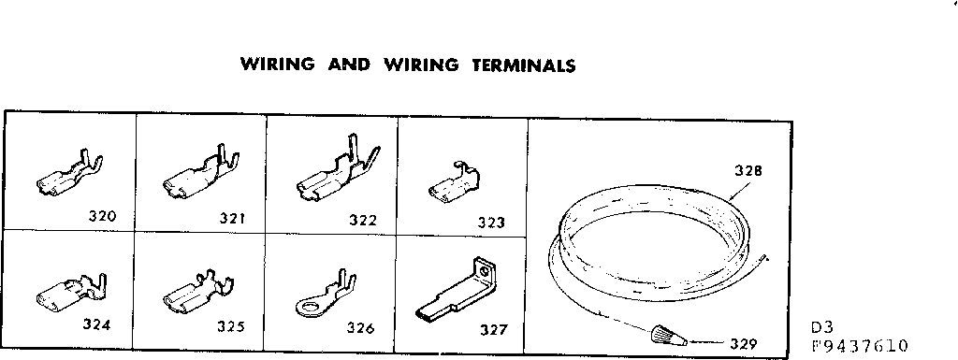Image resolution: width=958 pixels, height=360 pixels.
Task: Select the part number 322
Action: (x=362, y=221)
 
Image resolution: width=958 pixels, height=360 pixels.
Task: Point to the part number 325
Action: (x=230, y=326)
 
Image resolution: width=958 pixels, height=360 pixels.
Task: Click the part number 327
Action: (x=493, y=329)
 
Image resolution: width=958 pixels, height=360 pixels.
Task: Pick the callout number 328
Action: (x=748, y=172)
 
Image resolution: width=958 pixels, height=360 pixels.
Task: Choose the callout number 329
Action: (x=742, y=343)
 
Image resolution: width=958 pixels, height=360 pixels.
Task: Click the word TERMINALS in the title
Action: (x=517, y=65)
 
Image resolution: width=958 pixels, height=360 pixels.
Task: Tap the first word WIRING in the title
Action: (x=277, y=65)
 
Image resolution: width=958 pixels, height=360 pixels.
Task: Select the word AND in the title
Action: (x=348, y=65)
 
